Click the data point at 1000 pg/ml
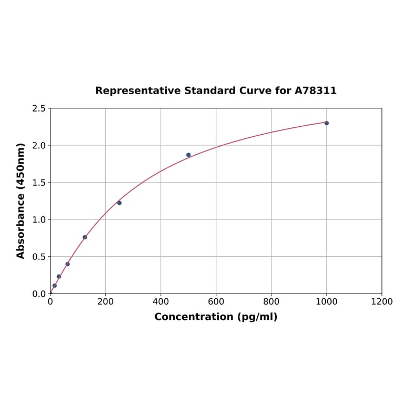(326, 123)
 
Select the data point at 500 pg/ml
(188, 155)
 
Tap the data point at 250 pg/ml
(119, 203)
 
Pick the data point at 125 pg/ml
(85, 237)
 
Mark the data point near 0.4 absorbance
(67, 264)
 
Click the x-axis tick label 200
(105, 302)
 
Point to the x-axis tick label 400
(160, 302)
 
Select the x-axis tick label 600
(216, 302)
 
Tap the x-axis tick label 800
(271, 302)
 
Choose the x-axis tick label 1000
(326, 302)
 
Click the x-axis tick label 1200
(381, 302)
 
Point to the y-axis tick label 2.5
(38, 108)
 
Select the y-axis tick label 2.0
(38, 145)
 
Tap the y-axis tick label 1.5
(38, 183)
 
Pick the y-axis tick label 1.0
(38, 219)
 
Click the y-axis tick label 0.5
(38, 257)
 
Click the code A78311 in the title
(315, 91)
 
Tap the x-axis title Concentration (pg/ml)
(216, 317)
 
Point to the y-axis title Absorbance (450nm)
(21, 200)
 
